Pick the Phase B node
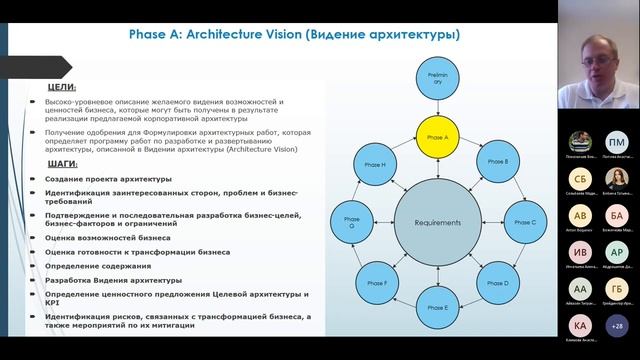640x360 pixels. (x=495, y=160)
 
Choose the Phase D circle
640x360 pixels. (x=496, y=283)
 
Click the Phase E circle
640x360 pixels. (x=438, y=307)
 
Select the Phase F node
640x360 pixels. (x=378, y=284)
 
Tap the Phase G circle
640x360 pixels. (x=352, y=222)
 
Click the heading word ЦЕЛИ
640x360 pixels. (x=62, y=88)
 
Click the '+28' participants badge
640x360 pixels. (x=616, y=325)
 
